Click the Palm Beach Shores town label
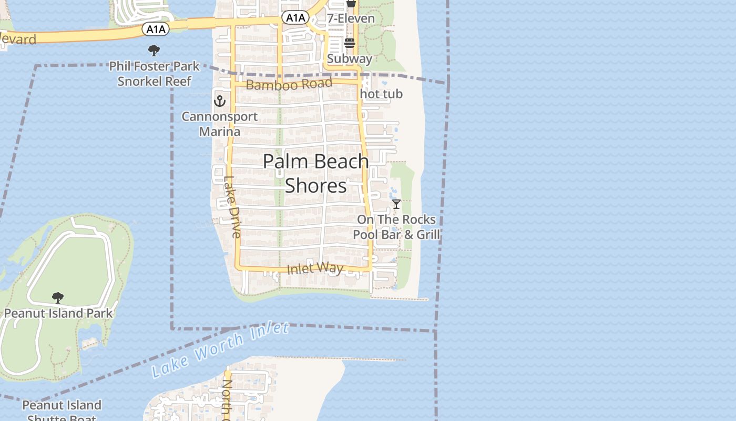(x=315, y=173)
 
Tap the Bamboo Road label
(x=289, y=84)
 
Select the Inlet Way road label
(x=315, y=268)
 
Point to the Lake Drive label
(x=232, y=206)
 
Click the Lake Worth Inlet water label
(x=220, y=350)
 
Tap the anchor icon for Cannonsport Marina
(x=219, y=100)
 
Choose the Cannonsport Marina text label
(x=220, y=124)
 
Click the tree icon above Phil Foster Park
(x=154, y=51)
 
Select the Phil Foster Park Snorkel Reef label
(x=154, y=74)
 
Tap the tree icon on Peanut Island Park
(x=58, y=298)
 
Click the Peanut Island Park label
(x=58, y=313)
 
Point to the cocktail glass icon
(x=396, y=204)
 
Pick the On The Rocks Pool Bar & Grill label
(x=396, y=227)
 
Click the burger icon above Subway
(x=350, y=43)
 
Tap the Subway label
(x=350, y=58)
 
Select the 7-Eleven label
(x=351, y=18)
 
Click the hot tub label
(x=382, y=94)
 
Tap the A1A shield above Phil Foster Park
(x=156, y=29)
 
